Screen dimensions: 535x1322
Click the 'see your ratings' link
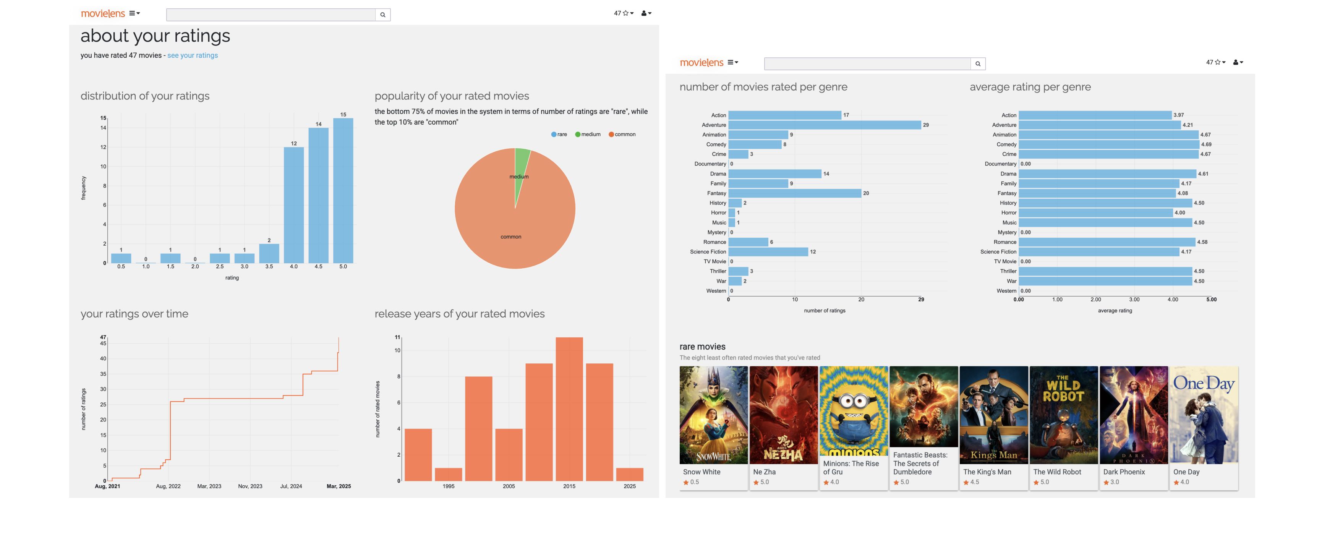coord(193,55)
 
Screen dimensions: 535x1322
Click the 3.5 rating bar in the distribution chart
coord(269,254)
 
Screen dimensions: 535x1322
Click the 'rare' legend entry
coord(559,135)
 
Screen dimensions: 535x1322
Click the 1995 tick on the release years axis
coord(448,486)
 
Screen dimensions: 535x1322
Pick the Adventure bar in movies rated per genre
coord(824,125)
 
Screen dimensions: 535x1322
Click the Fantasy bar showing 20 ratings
coord(794,193)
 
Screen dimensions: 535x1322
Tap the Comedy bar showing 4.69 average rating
coord(1108,144)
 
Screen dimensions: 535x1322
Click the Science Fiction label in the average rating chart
coord(998,251)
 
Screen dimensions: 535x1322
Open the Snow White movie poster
coord(713,415)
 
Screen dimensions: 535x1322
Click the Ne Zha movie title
coord(764,472)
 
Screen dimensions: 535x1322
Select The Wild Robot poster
coord(1063,415)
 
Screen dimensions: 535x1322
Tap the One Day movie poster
coord(1204,415)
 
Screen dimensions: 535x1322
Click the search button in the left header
coord(383,15)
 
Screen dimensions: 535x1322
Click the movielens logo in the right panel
coord(701,63)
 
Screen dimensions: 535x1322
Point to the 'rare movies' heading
coord(702,347)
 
